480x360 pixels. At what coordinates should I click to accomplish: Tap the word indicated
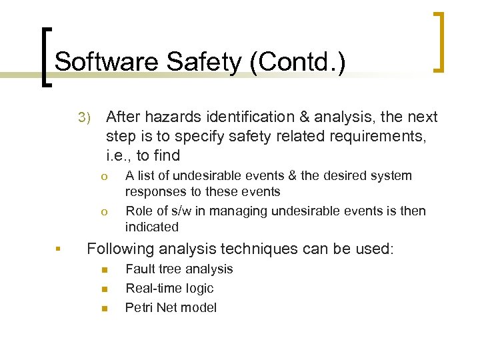coord(152,227)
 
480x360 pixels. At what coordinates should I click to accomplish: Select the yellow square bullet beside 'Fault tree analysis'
coord(104,270)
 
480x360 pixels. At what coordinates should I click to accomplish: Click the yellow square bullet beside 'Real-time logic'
coord(104,289)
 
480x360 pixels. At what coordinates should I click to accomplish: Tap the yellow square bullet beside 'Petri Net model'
coord(104,309)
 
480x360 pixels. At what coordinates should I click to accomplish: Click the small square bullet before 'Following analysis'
coord(59,250)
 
